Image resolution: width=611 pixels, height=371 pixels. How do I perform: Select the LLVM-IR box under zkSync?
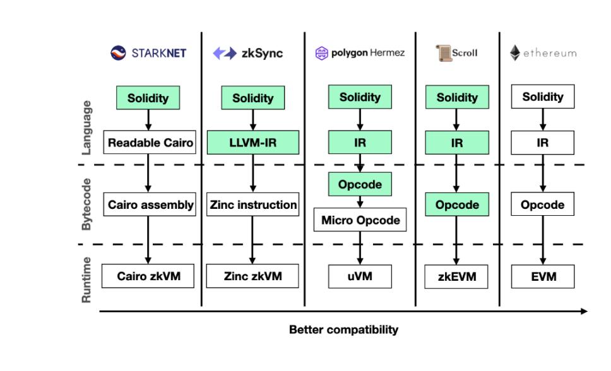coord(252,143)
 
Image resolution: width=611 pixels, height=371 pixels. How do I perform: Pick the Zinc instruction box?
coord(252,204)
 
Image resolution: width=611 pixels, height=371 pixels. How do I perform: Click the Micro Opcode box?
coord(360,220)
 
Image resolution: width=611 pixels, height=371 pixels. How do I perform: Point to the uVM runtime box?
coord(360,276)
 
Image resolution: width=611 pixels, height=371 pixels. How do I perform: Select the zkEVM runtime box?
coord(456,276)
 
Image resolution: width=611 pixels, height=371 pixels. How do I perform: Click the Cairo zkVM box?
coord(148,276)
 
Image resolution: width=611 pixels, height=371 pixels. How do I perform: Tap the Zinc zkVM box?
coord(252,276)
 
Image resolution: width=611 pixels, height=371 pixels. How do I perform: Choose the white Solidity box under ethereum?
coord(542,97)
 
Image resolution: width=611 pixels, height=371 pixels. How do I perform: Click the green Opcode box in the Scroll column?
coord(456,204)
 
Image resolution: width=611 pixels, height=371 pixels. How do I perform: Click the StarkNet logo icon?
coord(117,53)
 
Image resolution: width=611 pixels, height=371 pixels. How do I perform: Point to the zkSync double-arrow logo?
coord(224,54)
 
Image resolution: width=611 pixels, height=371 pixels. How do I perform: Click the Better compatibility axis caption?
coord(343,330)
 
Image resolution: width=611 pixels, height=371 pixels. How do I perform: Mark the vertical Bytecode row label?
coord(87,204)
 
